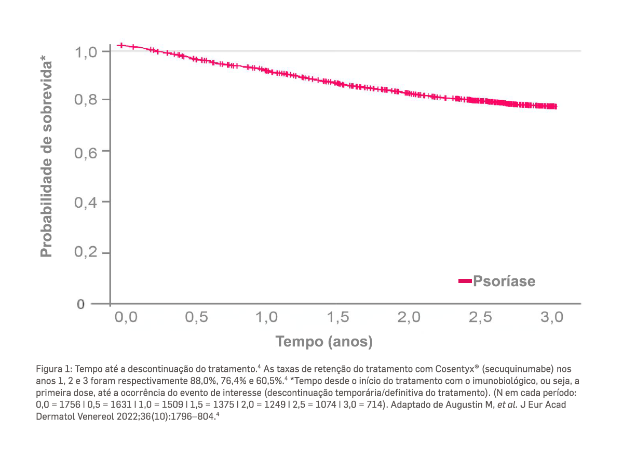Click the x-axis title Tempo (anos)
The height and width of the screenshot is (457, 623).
[x=324, y=342]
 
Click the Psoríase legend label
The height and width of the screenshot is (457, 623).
[x=504, y=281]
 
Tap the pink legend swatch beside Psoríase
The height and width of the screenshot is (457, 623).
[x=465, y=281]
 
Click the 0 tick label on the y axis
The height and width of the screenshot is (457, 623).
[x=80, y=304]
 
